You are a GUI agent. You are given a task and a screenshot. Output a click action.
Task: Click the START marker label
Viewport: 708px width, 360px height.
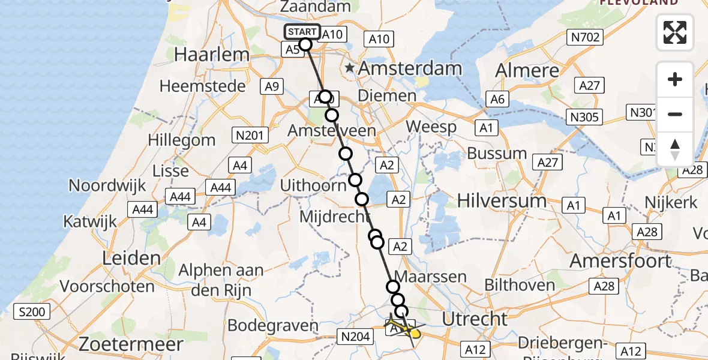(302, 32)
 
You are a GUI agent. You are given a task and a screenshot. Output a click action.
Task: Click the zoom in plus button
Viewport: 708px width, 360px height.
(675, 79)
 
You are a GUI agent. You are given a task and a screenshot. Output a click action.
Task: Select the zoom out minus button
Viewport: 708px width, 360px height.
(675, 114)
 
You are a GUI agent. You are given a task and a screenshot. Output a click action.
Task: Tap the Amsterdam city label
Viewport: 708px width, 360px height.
(410, 68)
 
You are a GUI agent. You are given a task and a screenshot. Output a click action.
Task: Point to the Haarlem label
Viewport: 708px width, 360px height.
(211, 55)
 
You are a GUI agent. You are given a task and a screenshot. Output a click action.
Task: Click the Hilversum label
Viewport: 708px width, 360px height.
(502, 200)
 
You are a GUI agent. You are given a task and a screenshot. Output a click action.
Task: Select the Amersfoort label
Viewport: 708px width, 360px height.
(620, 261)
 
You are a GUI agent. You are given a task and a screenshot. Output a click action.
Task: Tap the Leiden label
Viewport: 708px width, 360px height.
(131, 259)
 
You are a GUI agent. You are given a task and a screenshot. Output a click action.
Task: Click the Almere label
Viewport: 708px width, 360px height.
(527, 70)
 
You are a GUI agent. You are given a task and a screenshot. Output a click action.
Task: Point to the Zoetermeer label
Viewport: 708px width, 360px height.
(133, 344)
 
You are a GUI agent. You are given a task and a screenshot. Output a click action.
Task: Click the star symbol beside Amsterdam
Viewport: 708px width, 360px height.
(350, 68)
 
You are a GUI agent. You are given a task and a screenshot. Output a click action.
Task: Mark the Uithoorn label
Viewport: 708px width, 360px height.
(313, 185)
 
